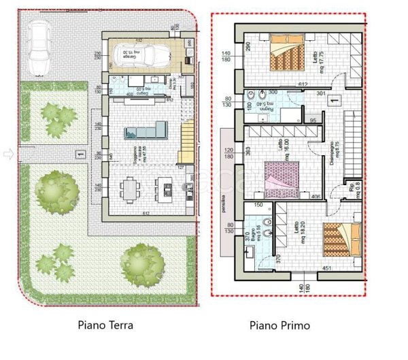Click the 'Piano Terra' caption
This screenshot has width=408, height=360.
pos(105,325)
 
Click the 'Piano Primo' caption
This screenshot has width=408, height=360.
pos(279,325)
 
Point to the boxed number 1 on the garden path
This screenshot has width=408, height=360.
pos(80,154)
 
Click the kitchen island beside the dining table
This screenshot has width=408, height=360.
pos(163,186)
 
